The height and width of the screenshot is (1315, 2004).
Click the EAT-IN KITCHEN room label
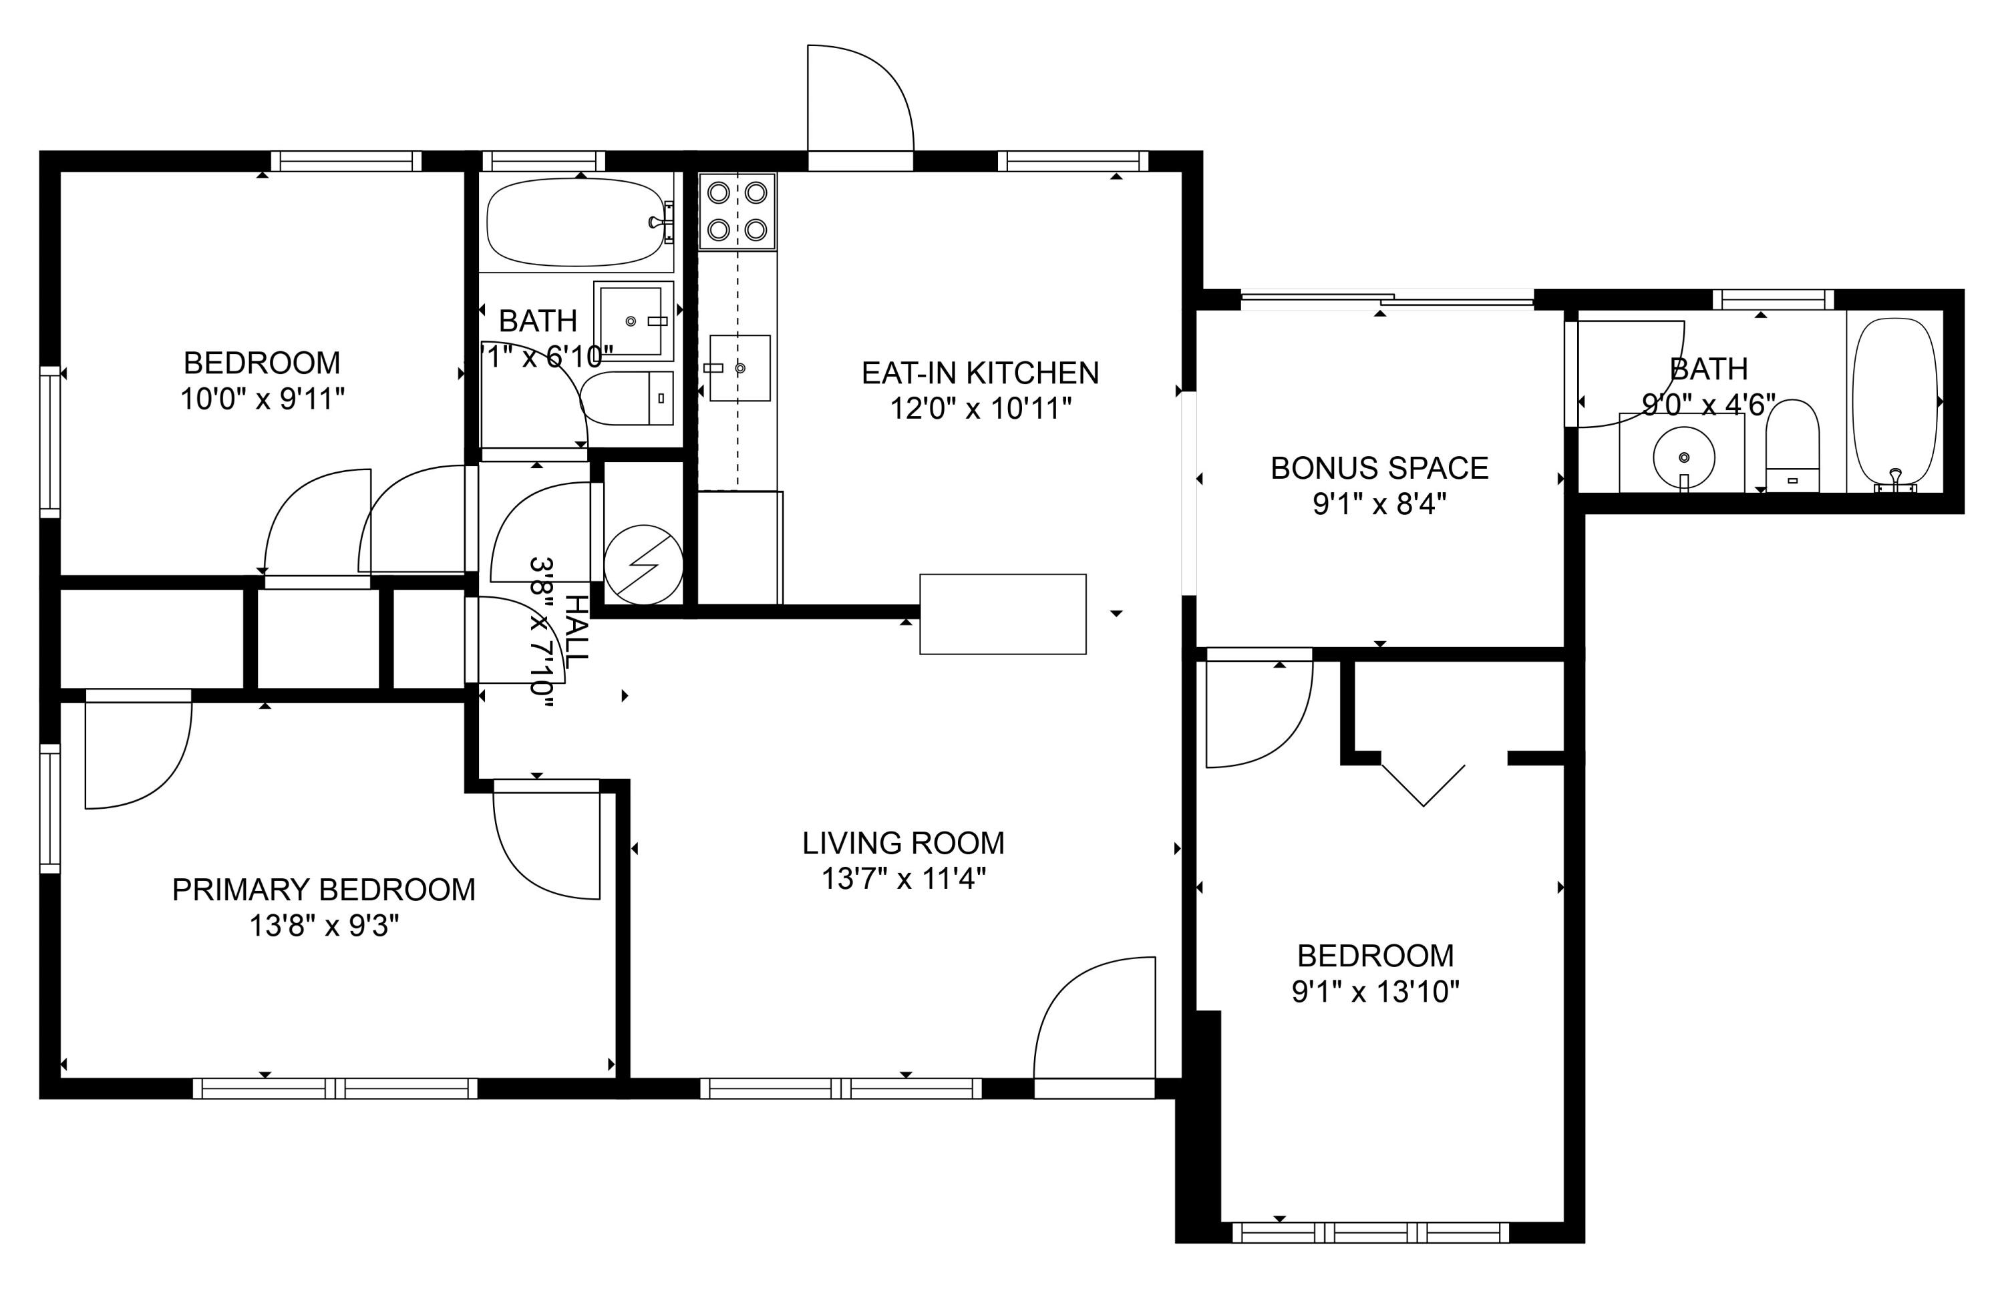[x=980, y=373]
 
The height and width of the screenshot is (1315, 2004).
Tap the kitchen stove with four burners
[x=737, y=211]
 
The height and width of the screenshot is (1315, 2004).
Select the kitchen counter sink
[x=739, y=368]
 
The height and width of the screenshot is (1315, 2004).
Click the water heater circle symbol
[x=643, y=565]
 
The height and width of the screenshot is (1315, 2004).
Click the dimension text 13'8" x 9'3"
[x=323, y=926]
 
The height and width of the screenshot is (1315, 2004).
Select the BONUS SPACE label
[x=1379, y=468]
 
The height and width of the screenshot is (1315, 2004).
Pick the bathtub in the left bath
[x=576, y=222]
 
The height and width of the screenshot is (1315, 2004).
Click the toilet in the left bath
[x=627, y=398]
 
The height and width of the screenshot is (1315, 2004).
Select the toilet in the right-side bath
[x=1792, y=445]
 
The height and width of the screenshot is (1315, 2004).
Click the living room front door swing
[x=1095, y=1018]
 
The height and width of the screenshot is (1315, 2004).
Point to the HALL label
[x=576, y=631]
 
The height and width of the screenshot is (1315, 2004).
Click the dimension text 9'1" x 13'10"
[x=1375, y=992]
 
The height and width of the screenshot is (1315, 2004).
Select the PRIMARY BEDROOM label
[x=323, y=890]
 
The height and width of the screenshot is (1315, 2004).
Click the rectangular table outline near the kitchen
[x=1002, y=614]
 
